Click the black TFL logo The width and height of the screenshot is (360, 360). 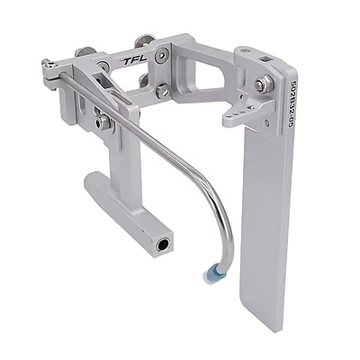point(134,60)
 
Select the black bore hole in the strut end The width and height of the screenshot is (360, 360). point(163,246)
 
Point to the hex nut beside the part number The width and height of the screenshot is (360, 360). point(264,83)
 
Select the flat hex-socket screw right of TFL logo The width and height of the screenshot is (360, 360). point(162,55)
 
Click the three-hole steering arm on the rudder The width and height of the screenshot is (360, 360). point(240,112)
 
